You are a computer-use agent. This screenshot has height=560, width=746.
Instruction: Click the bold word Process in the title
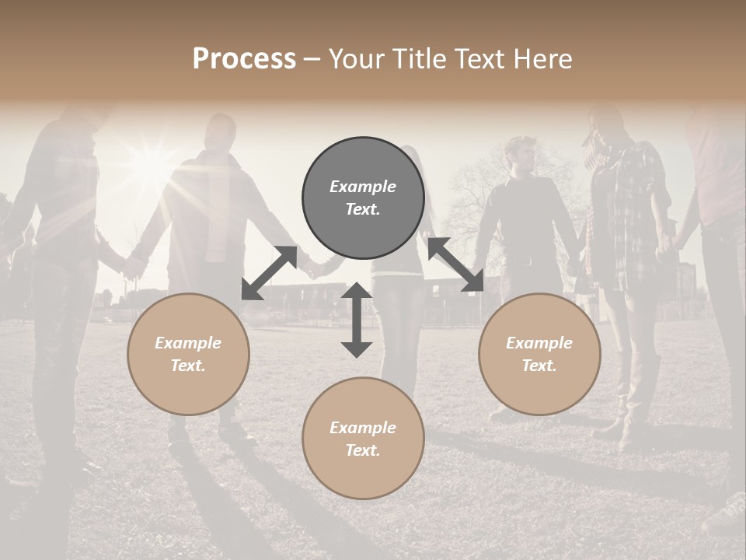(x=244, y=58)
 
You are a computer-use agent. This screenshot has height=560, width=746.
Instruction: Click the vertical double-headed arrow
(x=357, y=320)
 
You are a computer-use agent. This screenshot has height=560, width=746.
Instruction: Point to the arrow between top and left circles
(x=269, y=273)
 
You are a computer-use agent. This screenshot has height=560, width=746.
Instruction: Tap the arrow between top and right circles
(x=455, y=265)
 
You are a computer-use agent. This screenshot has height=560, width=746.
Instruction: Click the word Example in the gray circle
(x=363, y=187)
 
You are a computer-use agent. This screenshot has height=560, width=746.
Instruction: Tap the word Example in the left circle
(x=188, y=343)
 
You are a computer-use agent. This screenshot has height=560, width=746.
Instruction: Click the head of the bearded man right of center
(x=525, y=152)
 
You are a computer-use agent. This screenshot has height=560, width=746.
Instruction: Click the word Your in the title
(x=353, y=59)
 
